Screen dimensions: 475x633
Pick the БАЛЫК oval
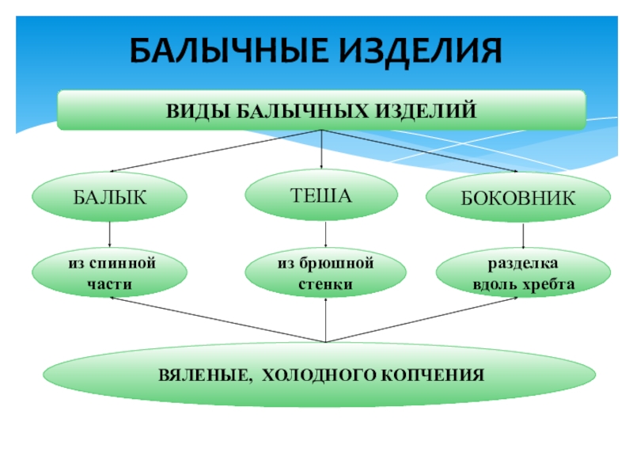[x=109, y=197]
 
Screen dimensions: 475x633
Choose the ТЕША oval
[x=321, y=194]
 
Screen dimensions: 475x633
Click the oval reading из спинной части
[x=109, y=273]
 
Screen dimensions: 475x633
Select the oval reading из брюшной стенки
[x=325, y=273]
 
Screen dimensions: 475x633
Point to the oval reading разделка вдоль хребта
[x=523, y=273]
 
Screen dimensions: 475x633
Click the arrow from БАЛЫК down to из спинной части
[x=109, y=234]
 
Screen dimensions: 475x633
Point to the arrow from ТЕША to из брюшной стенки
[x=325, y=234]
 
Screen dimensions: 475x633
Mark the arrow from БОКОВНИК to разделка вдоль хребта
[x=523, y=236]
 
